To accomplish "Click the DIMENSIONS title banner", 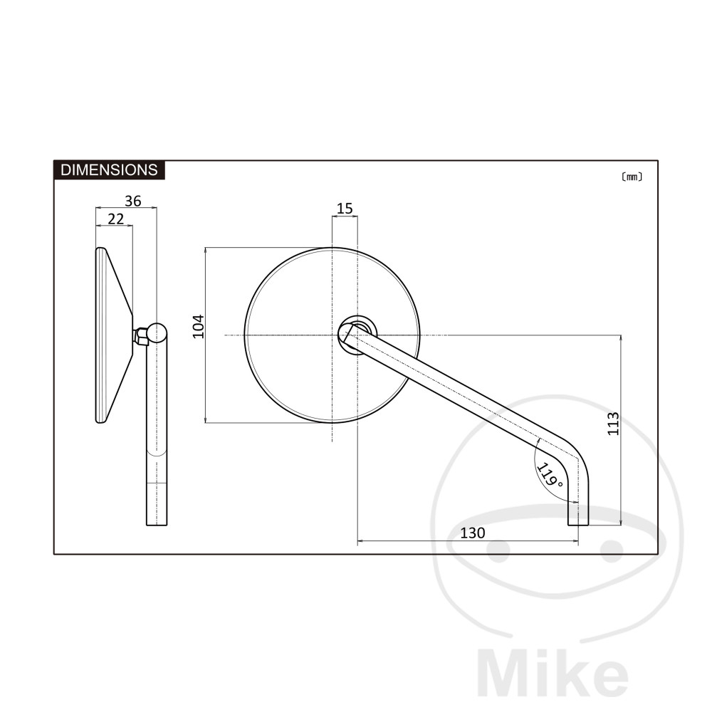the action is click(x=109, y=170).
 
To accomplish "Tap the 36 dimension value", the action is click(x=133, y=201).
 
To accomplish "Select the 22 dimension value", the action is click(x=116, y=219).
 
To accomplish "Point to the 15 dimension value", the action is click(x=345, y=209).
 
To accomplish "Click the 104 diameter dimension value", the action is click(x=199, y=327).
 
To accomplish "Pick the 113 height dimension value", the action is click(x=614, y=424).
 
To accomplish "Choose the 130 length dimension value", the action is click(x=473, y=533).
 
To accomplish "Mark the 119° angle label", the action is click(x=550, y=474).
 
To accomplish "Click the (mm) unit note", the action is click(x=632, y=177).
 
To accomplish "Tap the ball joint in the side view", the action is click(x=157, y=333).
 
